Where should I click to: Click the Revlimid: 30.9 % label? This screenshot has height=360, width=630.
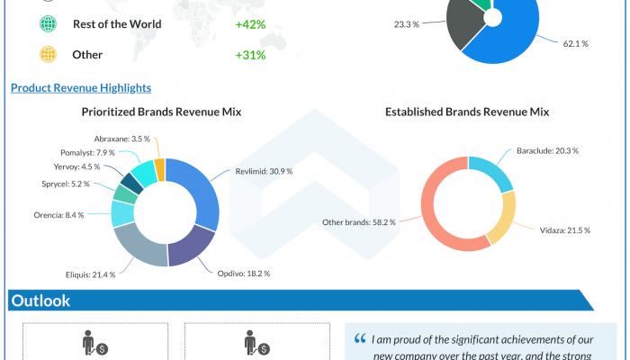264,170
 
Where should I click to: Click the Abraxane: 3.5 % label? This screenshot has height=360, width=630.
122,139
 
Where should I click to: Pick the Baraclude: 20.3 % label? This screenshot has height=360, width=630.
547,151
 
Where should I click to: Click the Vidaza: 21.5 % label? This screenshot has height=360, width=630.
564,230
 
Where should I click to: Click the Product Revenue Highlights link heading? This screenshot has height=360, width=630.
80,88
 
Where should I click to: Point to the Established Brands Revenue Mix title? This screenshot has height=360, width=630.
467,112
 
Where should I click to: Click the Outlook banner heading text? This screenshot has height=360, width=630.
40,301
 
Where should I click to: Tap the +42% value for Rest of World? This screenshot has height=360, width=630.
250,24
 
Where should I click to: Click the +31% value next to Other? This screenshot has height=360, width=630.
250,56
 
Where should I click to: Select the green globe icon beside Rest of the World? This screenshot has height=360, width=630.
48,24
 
